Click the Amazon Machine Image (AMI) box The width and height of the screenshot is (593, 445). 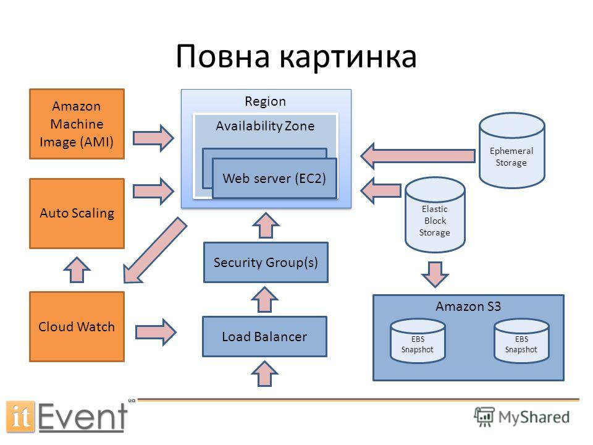pyautogui.click(x=77, y=124)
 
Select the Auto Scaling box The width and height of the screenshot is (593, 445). pyautogui.click(x=77, y=213)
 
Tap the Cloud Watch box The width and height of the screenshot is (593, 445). pyautogui.click(x=77, y=326)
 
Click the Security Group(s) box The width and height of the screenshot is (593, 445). pyautogui.click(x=266, y=263)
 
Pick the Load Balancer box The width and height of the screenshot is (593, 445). pyautogui.click(x=265, y=336)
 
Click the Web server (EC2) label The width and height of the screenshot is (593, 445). pyautogui.click(x=274, y=178)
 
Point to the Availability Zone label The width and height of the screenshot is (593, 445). pyautogui.click(x=265, y=125)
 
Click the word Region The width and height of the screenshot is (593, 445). pyautogui.click(x=265, y=101)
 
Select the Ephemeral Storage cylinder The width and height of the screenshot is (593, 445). pyautogui.click(x=511, y=150)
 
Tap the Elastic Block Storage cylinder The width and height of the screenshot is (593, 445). pyautogui.click(x=435, y=215)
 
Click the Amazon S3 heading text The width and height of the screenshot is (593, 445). pyautogui.click(x=468, y=306)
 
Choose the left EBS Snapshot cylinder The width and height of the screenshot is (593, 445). pyautogui.click(x=418, y=341)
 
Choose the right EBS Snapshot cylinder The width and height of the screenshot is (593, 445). pyautogui.click(x=521, y=341)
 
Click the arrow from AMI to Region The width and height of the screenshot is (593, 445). pyautogui.click(x=153, y=138)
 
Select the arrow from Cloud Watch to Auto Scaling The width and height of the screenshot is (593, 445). pyautogui.click(x=77, y=269)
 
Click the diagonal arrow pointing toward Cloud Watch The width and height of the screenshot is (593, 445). pyautogui.click(x=154, y=250)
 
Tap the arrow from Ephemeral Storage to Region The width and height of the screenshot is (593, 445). pyautogui.click(x=418, y=156)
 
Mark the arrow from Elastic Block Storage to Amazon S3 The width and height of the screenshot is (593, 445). pyautogui.click(x=435, y=274)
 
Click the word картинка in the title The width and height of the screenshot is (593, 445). pyautogui.click(x=348, y=57)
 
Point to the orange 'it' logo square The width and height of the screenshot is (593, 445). pyautogui.click(x=20, y=416)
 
